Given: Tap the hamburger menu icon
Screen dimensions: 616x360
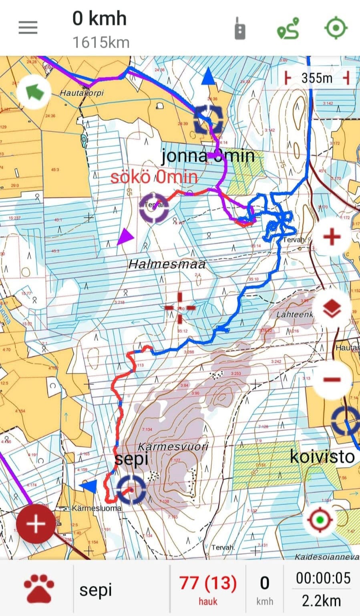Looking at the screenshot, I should [x=28, y=28].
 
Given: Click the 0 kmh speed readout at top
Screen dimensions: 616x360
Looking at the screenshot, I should [x=99, y=19].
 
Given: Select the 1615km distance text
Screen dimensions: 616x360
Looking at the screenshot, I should [x=101, y=42].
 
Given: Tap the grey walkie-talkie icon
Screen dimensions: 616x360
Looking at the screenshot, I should [x=240, y=28].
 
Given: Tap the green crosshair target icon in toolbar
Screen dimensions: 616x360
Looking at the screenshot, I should [x=335, y=28].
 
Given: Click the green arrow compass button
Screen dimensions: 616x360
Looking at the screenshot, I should [x=35, y=92].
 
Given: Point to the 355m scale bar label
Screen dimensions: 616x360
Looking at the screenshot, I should [x=317, y=78].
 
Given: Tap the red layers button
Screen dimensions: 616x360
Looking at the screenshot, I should [x=332, y=308].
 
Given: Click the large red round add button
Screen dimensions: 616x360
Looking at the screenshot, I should [x=36, y=524].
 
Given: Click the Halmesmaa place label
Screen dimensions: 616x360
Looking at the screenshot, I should [x=167, y=264].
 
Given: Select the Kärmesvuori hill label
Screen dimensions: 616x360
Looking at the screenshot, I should [x=173, y=446].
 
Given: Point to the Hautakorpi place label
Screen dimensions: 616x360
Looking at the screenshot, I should [x=82, y=93].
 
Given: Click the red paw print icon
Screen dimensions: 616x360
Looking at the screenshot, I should [x=39, y=589].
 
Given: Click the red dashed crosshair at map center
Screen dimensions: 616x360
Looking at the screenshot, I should [x=180, y=307].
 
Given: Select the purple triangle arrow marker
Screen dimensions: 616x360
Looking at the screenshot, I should [x=125, y=237].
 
